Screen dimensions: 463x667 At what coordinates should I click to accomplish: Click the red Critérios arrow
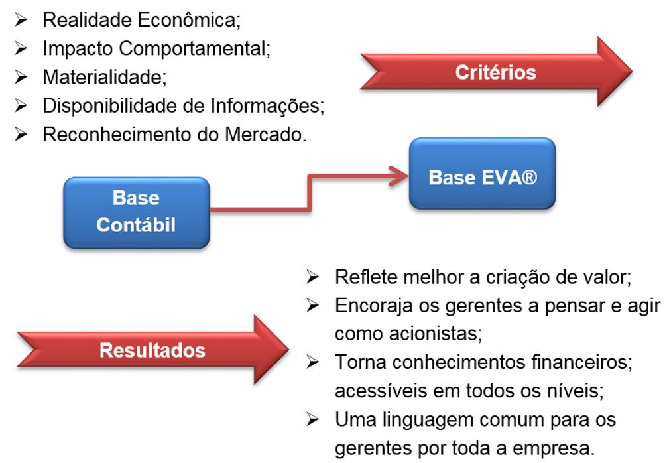point(496,72)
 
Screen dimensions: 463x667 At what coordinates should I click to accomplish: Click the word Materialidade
point(103,77)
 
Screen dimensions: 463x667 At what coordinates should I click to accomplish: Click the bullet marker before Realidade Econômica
point(22,20)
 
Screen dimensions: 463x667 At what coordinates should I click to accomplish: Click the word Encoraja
point(371,305)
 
